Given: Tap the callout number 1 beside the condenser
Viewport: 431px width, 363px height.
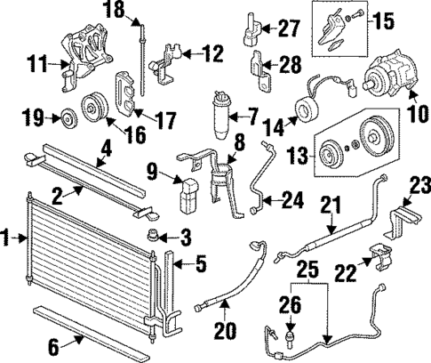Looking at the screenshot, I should [8, 238].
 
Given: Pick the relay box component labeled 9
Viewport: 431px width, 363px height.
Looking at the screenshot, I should [188, 197].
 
